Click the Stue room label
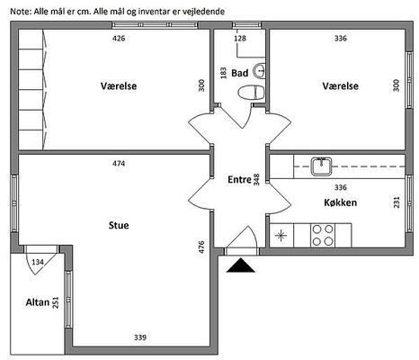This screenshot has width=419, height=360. [x=119, y=225]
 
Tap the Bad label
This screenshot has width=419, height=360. [x=240, y=73]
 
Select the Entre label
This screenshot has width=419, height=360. [x=239, y=179]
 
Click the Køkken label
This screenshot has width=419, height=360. [x=341, y=202]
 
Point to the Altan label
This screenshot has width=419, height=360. [x=38, y=302]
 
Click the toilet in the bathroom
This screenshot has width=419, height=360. [x=251, y=93]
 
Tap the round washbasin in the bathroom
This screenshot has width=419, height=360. [x=259, y=71]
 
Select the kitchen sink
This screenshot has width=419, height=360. [x=321, y=166]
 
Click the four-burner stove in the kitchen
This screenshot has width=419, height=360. [x=323, y=235]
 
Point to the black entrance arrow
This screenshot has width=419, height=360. [x=241, y=265]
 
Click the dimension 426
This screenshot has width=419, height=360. [x=119, y=39]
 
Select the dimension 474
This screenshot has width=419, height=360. [x=119, y=164]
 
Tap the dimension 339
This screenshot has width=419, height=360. [x=140, y=337]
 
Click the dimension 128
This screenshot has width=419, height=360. [x=240, y=39]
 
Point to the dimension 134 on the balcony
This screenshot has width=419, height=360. [x=38, y=262]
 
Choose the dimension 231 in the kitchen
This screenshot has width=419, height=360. [x=397, y=202]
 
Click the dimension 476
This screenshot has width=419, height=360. [x=201, y=247]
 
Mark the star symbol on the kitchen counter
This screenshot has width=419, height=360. [x=281, y=236]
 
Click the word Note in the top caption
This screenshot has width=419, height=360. [x=21, y=12]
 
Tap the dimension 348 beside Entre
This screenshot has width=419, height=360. [x=256, y=179]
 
